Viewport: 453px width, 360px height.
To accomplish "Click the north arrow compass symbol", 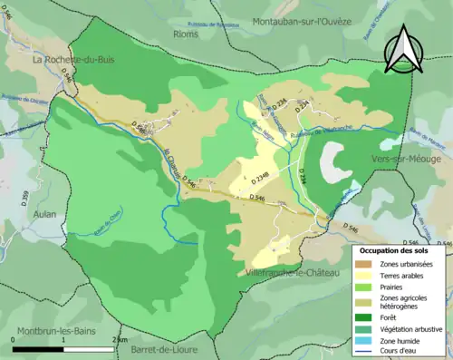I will click(x=405, y=50).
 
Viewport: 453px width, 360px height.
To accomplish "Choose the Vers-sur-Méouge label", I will click(x=410, y=159).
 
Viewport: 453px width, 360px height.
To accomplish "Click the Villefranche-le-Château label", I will click(x=291, y=272).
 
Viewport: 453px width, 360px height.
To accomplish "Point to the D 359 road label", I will click(x=25, y=196).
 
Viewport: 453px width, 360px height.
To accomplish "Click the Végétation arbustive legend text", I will click(x=414, y=327).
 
